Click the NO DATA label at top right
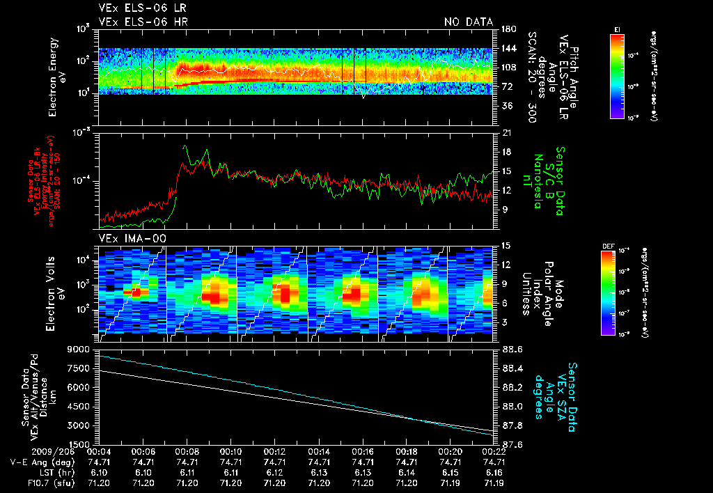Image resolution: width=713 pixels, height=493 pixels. click(469, 22)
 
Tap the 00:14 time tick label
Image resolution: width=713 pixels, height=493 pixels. click(319, 451)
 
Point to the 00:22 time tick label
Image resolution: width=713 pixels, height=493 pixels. click(494, 451)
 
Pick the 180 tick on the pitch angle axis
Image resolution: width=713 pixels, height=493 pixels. click(508, 29)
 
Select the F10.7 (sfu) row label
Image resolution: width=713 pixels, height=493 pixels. click(48, 483)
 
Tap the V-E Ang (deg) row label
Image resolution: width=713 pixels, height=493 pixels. click(42, 462)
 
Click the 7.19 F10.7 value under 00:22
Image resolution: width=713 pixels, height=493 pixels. click(494, 483)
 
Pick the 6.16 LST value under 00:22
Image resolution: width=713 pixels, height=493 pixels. click(494, 472)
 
